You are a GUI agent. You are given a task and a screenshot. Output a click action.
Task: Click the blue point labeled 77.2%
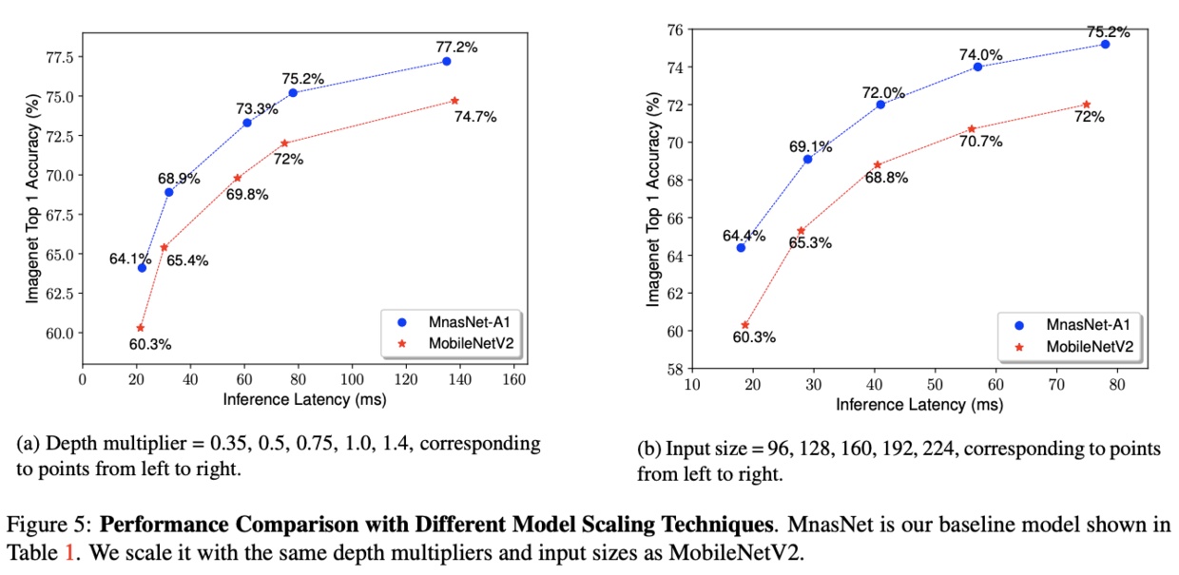[x=446, y=61]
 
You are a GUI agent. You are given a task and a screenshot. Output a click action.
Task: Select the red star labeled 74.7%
[x=454, y=101]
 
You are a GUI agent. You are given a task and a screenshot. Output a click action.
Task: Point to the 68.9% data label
[x=178, y=178]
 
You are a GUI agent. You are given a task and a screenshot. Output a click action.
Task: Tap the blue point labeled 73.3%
[x=247, y=123]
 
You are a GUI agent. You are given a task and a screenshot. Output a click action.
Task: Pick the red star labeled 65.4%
[x=164, y=247]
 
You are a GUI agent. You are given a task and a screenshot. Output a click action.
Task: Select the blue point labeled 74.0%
[x=977, y=67]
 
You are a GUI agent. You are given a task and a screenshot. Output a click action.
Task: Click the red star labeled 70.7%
[x=972, y=128]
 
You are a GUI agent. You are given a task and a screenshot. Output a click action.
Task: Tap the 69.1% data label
[x=810, y=147]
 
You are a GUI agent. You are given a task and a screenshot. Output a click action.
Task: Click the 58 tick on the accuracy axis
[x=669, y=369]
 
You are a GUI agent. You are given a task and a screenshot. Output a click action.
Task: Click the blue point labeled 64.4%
[x=741, y=247]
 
